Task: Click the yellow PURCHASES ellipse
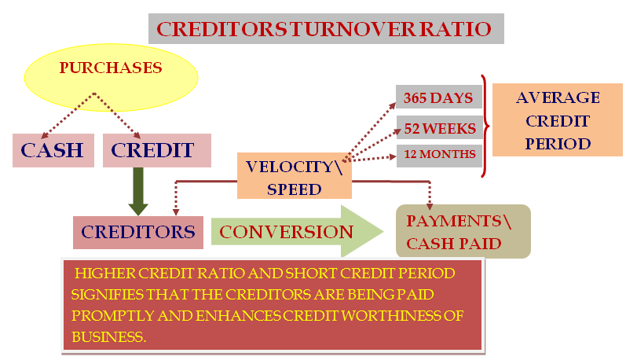(x=111, y=77)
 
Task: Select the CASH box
(x=53, y=150)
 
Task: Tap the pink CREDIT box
(x=157, y=150)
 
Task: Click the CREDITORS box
(x=138, y=233)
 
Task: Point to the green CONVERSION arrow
(x=297, y=231)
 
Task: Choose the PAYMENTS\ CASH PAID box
(x=463, y=231)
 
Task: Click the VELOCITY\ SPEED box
(x=295, y=176)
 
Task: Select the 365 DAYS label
(x=439, y=97)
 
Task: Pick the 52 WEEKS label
(x=440, y=128)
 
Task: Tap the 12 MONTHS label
(x=440, y=155)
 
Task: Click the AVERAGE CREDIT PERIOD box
(x=558, y=119)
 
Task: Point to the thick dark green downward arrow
(x=138, y=191)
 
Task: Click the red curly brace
(x=485, y=126)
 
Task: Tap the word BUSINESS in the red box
(x=109, y=337)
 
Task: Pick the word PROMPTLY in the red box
(x=113, y=316)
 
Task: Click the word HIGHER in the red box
(x=105, y=274)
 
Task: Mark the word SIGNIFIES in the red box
(x=108, y=295)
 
